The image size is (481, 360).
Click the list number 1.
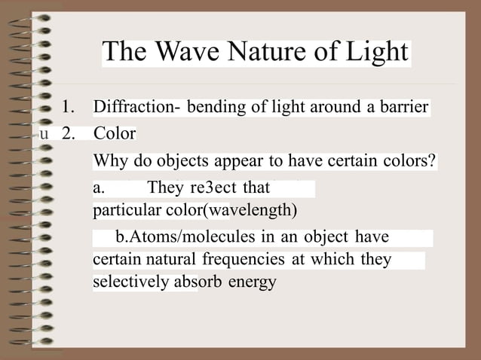coord(69,107)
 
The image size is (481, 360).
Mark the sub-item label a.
coord(98,187)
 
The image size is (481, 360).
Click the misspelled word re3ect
coord(214,187)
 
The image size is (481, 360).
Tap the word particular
coord(123,208)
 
